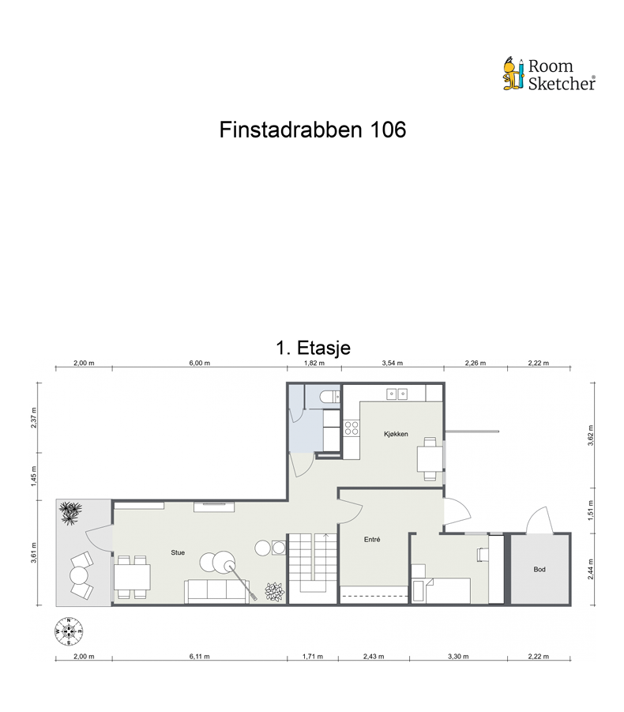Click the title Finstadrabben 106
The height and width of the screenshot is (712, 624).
(312, 130)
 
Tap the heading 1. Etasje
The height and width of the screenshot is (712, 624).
(313, 347)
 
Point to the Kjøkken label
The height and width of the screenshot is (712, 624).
(396, 434)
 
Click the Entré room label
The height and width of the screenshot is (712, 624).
(373, 541)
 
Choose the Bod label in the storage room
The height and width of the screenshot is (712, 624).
(539, 569)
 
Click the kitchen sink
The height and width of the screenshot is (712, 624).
(397, 393)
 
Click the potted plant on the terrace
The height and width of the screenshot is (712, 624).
(72, 514)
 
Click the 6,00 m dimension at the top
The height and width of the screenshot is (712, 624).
(200, 364)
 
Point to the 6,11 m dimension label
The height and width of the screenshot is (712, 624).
(200, 656)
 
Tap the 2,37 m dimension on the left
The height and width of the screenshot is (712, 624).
(34, 416)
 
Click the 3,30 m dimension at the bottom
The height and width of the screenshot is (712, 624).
(457, 656)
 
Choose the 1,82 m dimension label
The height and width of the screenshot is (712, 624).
(314, 364)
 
